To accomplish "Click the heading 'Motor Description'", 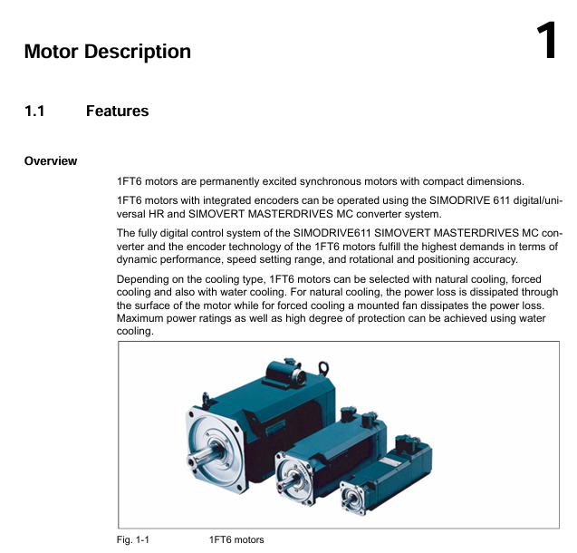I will tap(107, 52).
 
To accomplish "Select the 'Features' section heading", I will tap(117, 112).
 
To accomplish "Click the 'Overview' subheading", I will tap(51, 161).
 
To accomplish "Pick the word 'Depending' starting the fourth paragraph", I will tap(144, 280).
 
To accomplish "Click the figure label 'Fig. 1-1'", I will tap(133, 540).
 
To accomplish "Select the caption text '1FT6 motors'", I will tap(236, 540).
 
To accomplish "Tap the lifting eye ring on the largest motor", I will tap(322, 366).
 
